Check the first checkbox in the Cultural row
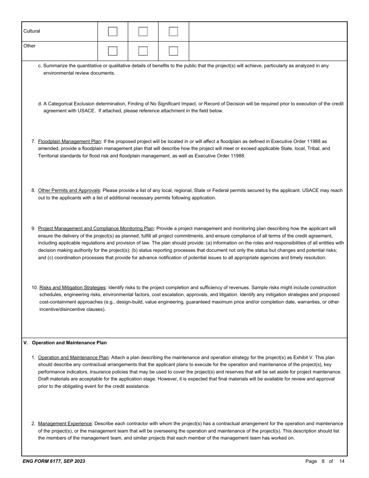coord(113,31)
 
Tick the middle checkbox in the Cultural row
coord(143,31)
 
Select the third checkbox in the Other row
coord(174,51)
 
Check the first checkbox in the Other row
coord(113,51)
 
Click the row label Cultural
coord(31,31)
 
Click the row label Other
coord(29,46)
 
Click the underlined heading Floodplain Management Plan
coord(70,141)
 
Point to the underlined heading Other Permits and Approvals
coord(69,190)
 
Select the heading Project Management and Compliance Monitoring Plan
coord(96,229)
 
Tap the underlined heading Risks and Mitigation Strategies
coord(72,288)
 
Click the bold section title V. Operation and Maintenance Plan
coord(65,343)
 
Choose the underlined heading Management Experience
coord(65,424)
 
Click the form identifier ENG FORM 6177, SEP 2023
coord(54,461)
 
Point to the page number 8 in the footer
coord(323,461)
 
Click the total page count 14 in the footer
coord(341,461)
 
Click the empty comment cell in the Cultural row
coord(268,31)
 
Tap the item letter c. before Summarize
coord(40,66)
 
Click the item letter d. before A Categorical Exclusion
coord(40,104)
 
